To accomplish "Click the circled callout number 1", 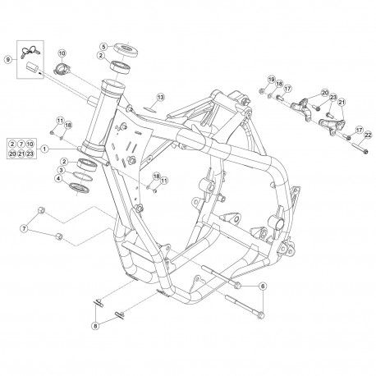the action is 45,149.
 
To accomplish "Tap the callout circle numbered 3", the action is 62,171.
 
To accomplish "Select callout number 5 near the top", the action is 103,46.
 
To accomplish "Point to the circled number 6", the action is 263,287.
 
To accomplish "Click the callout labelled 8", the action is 95,326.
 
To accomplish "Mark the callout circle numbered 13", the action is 161,97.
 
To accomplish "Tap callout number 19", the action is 271,80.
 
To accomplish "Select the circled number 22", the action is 368,135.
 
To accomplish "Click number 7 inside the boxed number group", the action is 21,144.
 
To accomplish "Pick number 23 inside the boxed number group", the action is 30,154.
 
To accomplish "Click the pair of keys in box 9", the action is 30,51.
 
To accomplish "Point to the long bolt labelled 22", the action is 360,146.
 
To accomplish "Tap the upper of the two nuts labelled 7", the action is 41,210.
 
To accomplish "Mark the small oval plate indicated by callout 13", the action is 149,109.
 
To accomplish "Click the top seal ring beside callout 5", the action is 126,50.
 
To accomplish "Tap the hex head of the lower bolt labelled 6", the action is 261,316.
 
